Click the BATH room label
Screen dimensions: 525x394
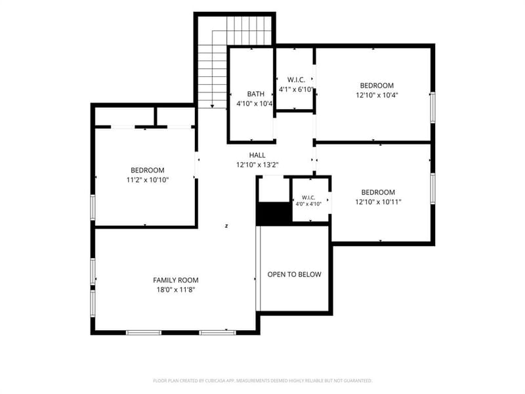click(255, 94)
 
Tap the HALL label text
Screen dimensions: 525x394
click(257, 155)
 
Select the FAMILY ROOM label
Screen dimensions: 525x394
click(176, 280)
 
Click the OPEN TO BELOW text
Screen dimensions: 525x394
click(294, 274)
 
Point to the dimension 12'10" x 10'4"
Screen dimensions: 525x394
click(377, 95)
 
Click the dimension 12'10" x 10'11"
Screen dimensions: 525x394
click(378, 202)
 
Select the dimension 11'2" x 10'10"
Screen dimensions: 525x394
click(147, 180)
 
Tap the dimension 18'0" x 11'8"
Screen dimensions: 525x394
click(176, 290)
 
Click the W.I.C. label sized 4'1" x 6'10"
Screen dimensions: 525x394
click(296, 79)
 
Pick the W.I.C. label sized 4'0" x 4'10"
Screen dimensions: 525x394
click(308, 198)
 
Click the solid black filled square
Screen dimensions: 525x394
click(274, 214)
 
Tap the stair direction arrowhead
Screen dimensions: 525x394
click(212, 106)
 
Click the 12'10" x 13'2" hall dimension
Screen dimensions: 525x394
click(257, 165)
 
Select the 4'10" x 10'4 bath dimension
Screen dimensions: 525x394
click(255, 104)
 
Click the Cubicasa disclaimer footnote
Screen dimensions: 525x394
click(262, 381)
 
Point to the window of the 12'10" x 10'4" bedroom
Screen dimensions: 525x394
click(432, 108)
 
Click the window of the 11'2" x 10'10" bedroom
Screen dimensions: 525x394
click(93, 208)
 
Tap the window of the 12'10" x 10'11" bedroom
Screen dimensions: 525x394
click(432, 188)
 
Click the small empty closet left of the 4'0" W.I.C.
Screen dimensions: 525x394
click(274, 190)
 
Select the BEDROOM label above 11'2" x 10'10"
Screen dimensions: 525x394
click(147, 170)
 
